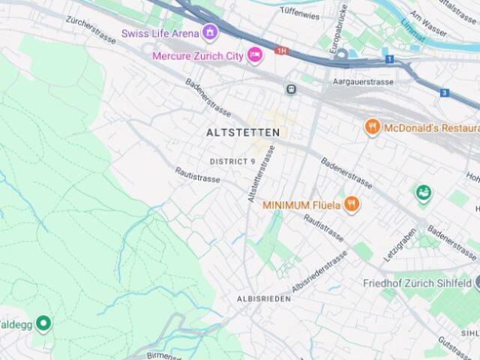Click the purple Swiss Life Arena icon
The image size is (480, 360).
(x=210, y=33)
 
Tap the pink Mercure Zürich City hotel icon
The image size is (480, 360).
(x=255, y=55)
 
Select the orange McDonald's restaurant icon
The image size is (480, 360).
(x=372, y=127)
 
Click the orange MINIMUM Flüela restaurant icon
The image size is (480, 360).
(x=352, y=205)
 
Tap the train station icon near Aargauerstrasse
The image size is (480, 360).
(x=290, y=89)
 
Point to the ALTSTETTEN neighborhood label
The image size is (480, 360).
(x=242, y=132)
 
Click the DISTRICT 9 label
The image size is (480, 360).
(x=232, y=161)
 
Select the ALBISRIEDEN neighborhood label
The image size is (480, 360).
(x=263, y=298)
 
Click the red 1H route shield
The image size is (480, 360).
(x=282, y=51)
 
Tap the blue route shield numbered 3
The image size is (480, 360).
(x=445, y=93)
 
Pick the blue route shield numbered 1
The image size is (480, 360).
(x=389, y=58)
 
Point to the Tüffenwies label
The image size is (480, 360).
(x=300, y=12)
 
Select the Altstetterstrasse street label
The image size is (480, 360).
(x=259, y=174)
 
